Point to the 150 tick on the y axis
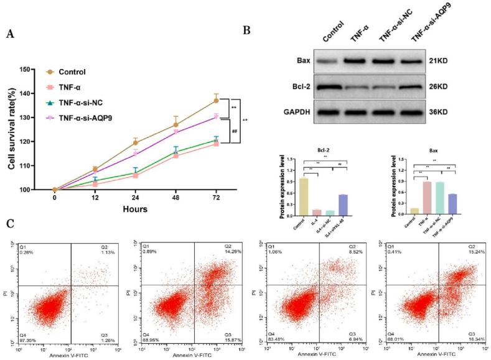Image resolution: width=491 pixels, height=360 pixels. pyautogui.click(x=41, y=69)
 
